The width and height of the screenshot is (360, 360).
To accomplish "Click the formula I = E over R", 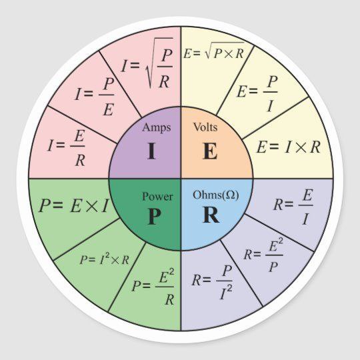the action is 67,148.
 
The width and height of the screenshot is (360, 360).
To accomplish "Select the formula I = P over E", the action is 95,97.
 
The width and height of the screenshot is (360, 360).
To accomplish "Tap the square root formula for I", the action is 147,63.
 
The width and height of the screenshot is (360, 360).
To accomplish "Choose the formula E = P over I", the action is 257,94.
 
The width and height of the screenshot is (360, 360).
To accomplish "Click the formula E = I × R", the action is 289,147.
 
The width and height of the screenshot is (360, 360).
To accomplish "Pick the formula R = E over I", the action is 293,207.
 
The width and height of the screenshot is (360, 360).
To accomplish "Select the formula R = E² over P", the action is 263,255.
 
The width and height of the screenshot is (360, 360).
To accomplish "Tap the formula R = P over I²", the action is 212,282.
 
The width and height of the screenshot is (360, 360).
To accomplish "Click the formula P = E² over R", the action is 153,287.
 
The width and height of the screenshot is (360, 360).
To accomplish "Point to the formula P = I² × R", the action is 105,260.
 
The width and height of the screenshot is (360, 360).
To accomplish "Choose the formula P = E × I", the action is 73,206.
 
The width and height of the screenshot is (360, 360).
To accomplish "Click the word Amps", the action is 157,127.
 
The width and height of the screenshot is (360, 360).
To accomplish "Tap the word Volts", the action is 205,127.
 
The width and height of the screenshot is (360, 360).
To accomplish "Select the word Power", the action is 157,197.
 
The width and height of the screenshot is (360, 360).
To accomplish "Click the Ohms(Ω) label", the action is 216,195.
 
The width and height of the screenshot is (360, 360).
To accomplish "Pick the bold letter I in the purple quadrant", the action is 151,151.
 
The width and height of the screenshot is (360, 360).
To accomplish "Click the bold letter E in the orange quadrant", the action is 210,151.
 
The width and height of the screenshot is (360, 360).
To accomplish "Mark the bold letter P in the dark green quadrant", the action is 154,216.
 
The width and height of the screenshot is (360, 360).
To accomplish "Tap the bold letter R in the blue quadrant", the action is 211,215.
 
